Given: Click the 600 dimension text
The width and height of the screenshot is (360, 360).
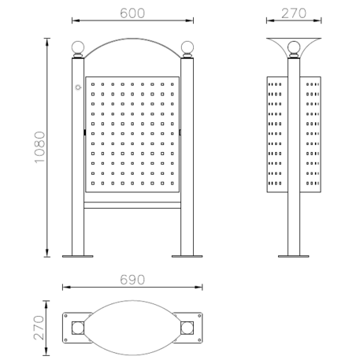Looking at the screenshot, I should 132,13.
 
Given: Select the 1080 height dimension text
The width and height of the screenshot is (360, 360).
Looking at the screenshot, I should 39,147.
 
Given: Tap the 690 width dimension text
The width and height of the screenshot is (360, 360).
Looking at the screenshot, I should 133,280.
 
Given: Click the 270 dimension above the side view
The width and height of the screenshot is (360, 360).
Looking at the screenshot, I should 294,13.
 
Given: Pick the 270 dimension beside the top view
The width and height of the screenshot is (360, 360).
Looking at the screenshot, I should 39,326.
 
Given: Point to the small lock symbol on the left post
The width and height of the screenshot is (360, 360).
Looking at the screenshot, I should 77,87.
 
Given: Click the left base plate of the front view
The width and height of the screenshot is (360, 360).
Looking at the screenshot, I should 77,255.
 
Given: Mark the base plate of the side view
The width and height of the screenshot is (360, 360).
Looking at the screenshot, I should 294,255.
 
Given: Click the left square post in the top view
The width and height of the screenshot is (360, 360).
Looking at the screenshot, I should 77,326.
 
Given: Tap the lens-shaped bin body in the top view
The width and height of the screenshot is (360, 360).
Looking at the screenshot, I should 132,326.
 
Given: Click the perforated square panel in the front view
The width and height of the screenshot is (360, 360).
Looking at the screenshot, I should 132,134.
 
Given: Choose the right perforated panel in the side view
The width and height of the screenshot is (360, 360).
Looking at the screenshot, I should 312,135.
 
